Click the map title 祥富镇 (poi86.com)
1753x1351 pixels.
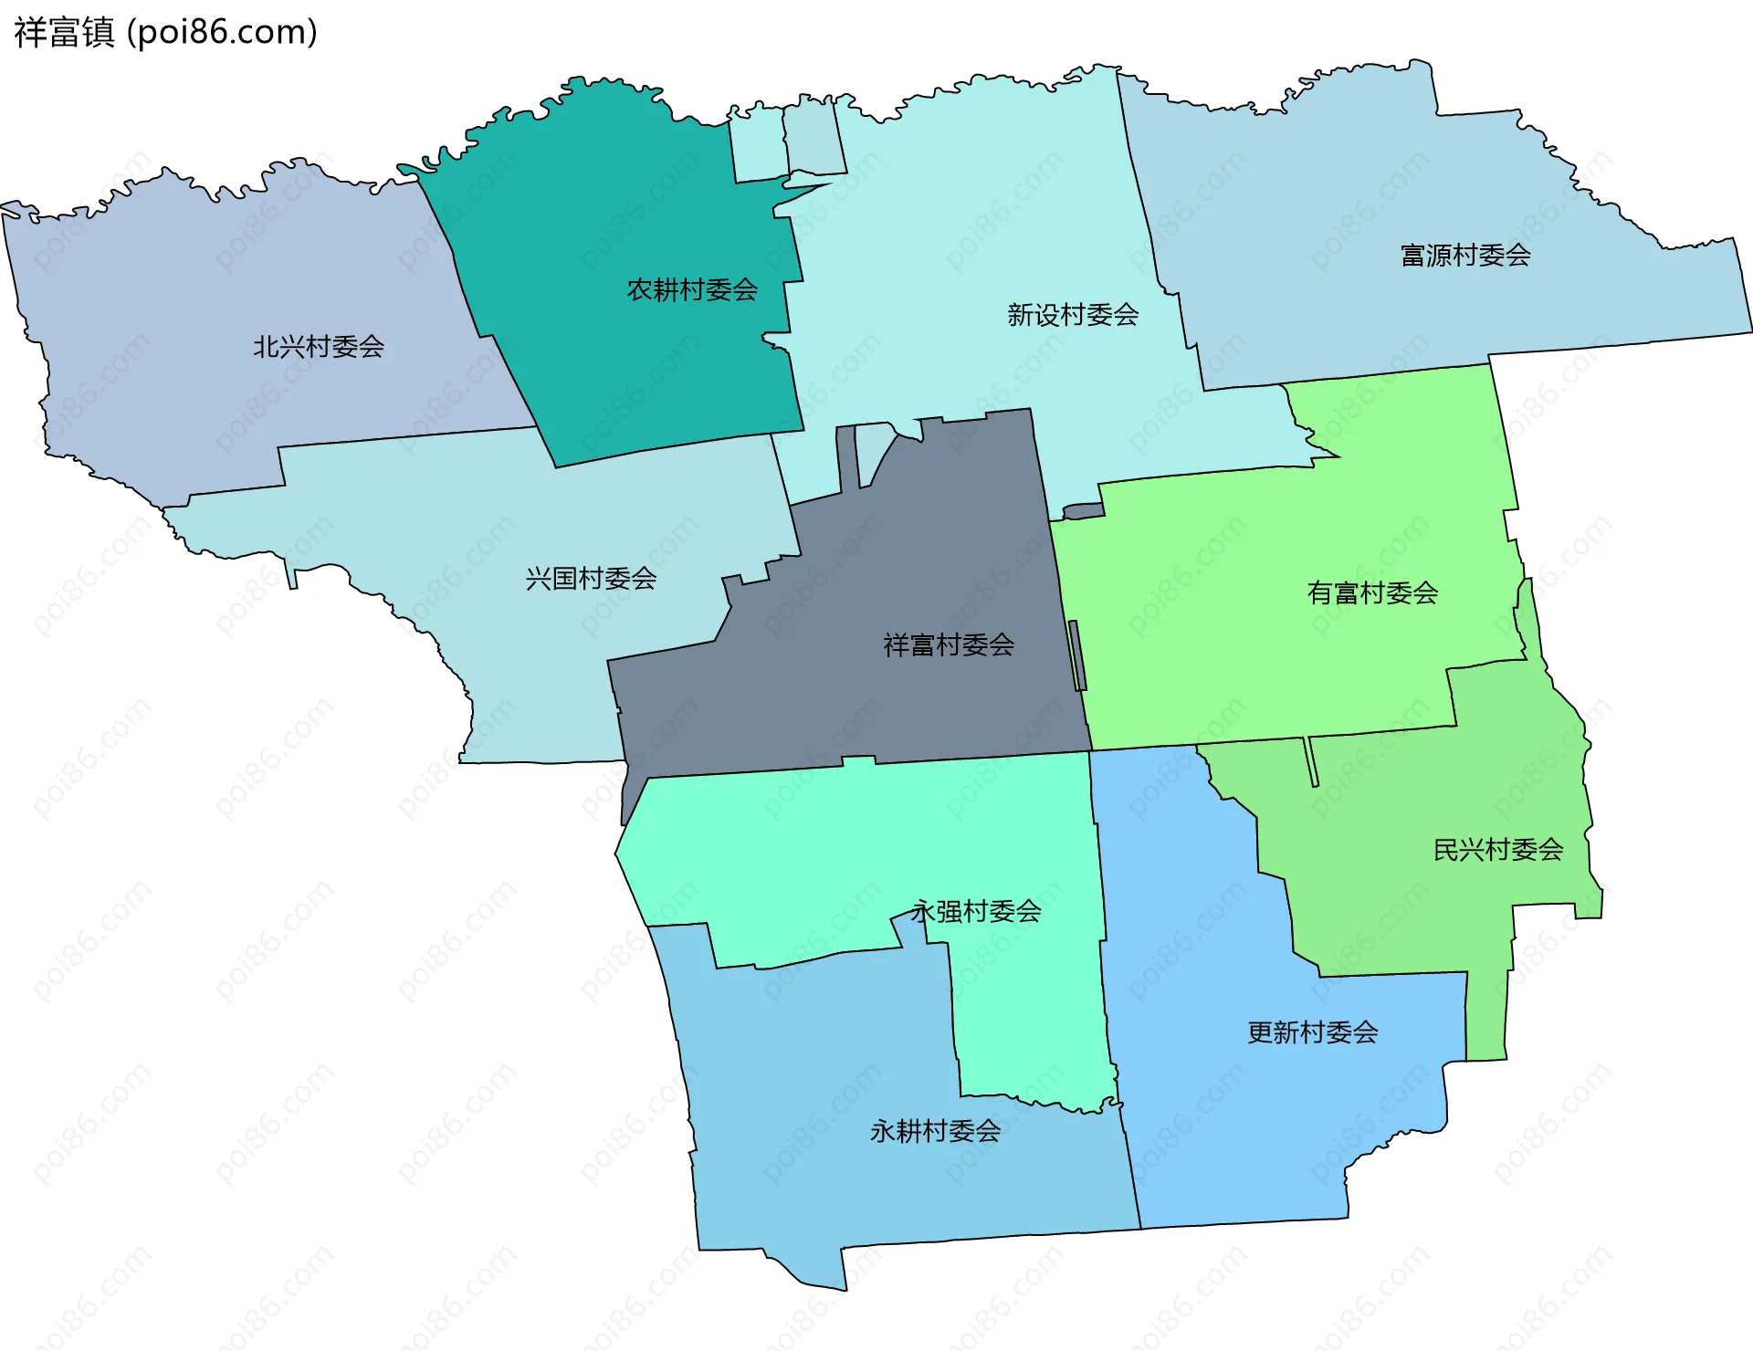pos(165,32)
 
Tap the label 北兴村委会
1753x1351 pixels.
pos(318,347)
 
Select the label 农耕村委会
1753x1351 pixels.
pos(692,290)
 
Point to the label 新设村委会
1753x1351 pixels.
pos(1073,315)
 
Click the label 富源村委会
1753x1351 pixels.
pos(1465,256)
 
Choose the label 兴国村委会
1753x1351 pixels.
pos(591,579)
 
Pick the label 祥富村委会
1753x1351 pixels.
pos(949,645)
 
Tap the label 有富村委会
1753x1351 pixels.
pos(1372,593)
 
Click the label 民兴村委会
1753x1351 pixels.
pos(1498,850)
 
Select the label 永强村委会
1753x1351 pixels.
pos(976,911)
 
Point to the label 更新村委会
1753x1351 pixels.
pos(1312,1032)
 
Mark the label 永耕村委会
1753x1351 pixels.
pos(935,1132)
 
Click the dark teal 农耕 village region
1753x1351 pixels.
pos(639,365)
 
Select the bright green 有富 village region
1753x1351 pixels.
pos(1233,657)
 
